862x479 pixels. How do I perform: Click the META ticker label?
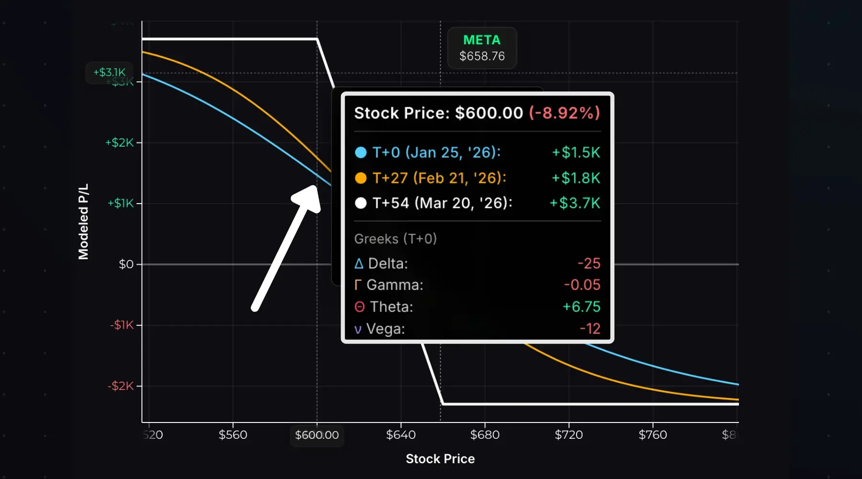482,40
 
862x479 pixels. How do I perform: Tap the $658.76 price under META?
482,57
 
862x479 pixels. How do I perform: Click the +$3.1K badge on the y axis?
109,72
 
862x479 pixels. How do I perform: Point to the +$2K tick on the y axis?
120,143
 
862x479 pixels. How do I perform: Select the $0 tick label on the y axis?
126,264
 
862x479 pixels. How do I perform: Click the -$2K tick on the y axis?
121,386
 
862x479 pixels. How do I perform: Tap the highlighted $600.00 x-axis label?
317,435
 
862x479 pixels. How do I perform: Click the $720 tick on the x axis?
568,435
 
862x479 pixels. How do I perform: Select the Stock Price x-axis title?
440,459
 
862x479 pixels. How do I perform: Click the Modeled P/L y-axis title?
83,222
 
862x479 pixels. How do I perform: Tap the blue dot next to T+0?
361,153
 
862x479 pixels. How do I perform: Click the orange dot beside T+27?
361,178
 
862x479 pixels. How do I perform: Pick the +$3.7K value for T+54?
575,203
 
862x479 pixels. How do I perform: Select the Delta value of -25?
589,263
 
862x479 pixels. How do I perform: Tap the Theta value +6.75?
581,307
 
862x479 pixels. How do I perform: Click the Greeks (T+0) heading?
395,239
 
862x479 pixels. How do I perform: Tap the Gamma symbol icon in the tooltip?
357,285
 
